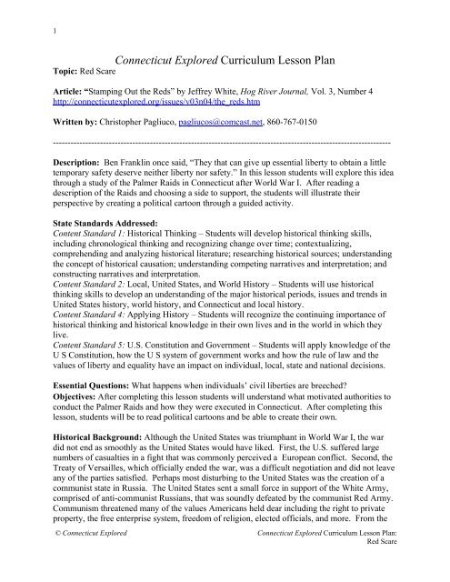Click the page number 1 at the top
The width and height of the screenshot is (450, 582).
[32, 12]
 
